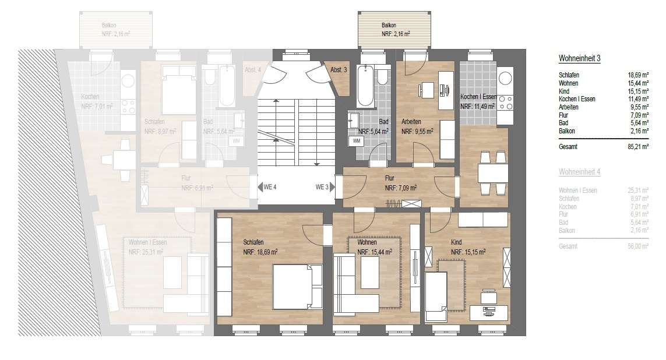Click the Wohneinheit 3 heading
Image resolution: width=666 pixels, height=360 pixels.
579,59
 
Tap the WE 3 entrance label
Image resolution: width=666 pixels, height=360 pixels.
322,187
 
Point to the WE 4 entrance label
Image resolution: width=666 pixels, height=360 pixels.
269,187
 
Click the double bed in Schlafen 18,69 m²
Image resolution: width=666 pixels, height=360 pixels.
298,286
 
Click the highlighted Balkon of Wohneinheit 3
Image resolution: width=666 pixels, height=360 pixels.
395,30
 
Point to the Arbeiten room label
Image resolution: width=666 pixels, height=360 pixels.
411,122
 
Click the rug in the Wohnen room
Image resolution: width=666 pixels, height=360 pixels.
374,273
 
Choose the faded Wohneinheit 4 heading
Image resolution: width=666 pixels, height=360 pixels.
579,172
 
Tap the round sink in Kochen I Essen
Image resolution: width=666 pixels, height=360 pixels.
505,76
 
